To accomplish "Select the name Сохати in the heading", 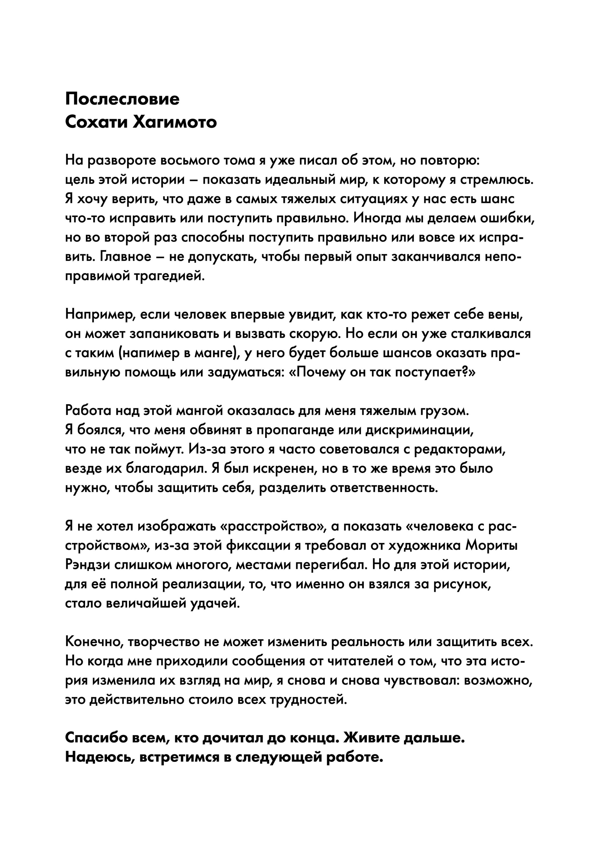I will click(96, 122).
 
